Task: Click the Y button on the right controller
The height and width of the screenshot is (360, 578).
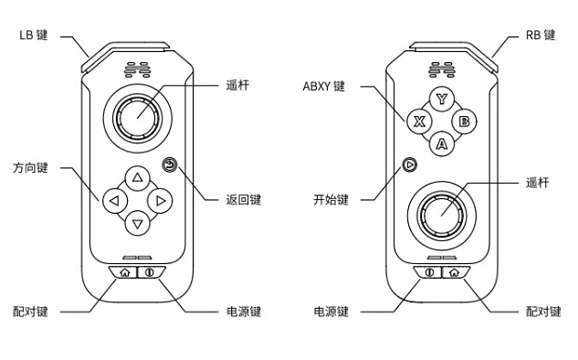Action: (x=442, y=99)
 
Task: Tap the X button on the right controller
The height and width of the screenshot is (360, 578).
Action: (x=419, y=121)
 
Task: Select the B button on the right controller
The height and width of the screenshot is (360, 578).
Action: (x=464, y=121)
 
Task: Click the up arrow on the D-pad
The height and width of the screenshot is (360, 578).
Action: (x=137, y=177)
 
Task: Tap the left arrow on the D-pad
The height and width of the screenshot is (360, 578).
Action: (x=113, y=200)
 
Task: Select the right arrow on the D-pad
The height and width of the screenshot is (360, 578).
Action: (x=160, y=200)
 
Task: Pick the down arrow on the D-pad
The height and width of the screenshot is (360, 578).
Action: (x=137, y=223)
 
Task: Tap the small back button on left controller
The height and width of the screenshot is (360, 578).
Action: (x=169, y=164)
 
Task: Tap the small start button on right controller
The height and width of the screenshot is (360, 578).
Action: (x=410, y=164)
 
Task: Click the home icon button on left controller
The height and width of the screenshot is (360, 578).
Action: (x=124, y=270)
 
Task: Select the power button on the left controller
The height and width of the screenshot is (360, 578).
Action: (x=150, y=270)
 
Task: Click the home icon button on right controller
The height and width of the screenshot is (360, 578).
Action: (x=454, y=270)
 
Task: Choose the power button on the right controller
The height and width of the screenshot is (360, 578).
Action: (x=429, y=270)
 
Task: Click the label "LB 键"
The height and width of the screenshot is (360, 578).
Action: (x=34, y=36)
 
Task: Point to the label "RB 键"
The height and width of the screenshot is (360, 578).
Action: (x=540, y=36)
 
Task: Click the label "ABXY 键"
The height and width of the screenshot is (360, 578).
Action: (x=324, y=87)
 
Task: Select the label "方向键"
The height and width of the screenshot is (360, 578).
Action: (x=30, y=169)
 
